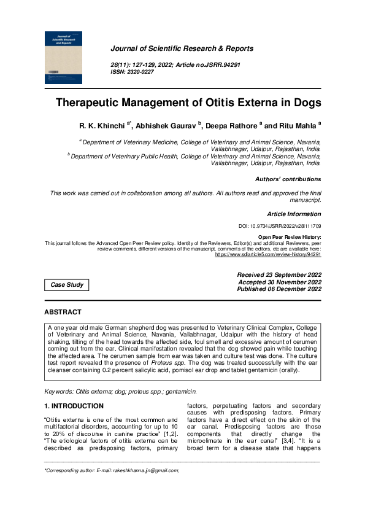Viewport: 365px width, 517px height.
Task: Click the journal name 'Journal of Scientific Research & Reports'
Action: point(181,49)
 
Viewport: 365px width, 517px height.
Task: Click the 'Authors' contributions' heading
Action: point(288,179)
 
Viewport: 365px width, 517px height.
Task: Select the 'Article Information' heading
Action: point(294,214)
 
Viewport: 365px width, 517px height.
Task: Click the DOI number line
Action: point(280,227)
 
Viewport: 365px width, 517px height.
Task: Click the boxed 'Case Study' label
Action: point(67,285)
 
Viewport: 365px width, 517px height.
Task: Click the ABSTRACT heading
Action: point(63,313)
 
